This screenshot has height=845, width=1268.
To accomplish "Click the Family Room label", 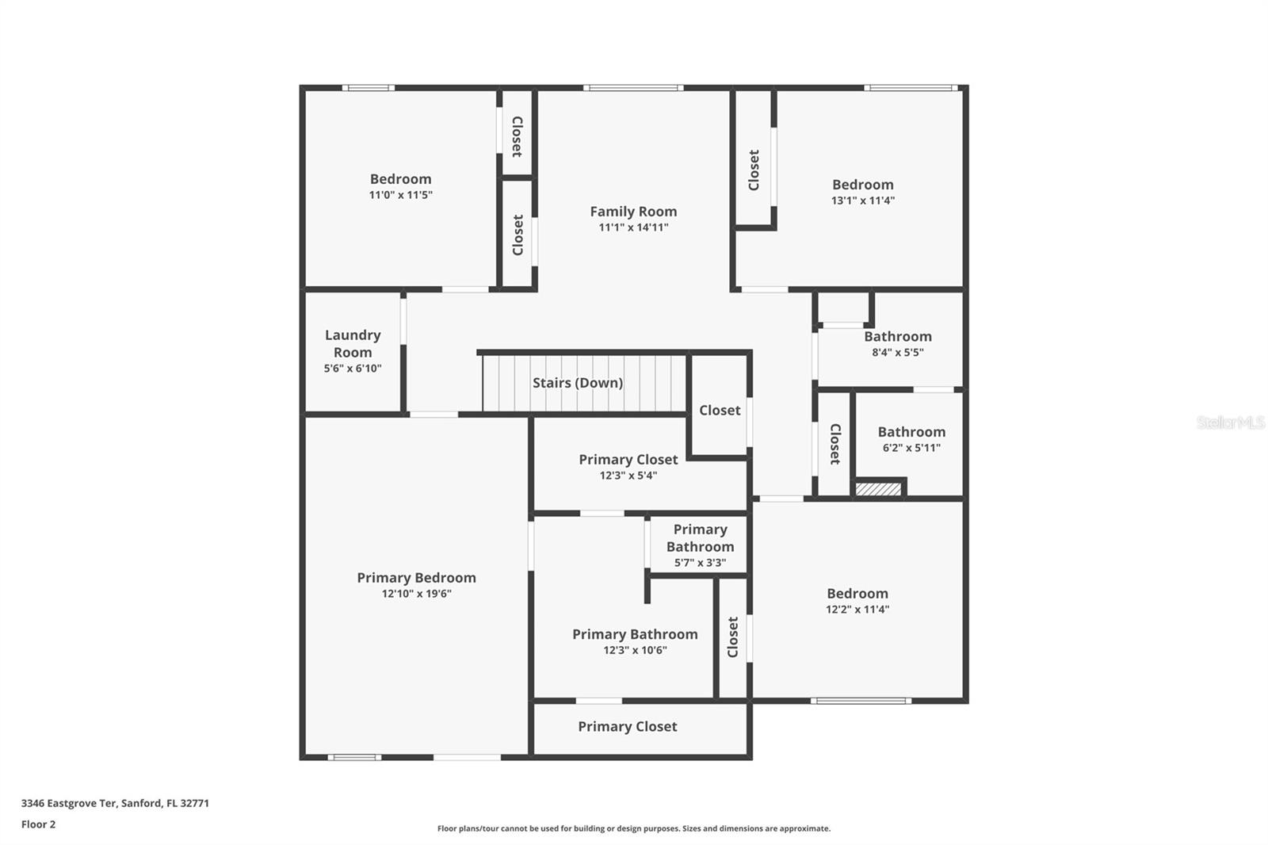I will [x=633, y=212].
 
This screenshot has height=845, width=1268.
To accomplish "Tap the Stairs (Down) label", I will [x=577, y=383].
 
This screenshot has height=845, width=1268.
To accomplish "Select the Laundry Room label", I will [x=353, y=344].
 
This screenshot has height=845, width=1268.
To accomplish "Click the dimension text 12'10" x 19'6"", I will [x=416, y=594].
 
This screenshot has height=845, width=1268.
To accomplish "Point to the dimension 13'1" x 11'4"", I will [x=862, y=201].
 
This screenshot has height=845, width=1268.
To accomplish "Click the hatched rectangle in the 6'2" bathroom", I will [x=879, y=489].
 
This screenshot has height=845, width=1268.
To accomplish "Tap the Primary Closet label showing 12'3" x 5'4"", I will [x=628, y=460].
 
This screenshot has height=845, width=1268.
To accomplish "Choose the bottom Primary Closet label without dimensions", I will [x=627, y=727].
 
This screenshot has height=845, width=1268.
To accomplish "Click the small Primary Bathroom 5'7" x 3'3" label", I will [x=700, y=538].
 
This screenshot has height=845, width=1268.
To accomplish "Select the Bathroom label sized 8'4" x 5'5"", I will [x=897, y=337].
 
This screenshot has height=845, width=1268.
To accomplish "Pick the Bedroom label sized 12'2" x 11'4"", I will [x=857, y=594].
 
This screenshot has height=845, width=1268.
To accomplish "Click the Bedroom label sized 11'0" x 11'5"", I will [x=400, y=179].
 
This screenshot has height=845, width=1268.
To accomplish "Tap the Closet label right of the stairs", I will [x=720, y=411].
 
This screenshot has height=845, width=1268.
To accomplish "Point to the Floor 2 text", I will [x=38, y=824].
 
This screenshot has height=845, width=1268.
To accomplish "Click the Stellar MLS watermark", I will [x=1230, y=422].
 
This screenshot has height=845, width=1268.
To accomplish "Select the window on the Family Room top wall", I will [x=633, y=88].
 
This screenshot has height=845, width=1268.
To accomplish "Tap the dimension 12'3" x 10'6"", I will [x=635, y=650].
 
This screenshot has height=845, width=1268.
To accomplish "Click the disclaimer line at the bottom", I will [x=633, y=828].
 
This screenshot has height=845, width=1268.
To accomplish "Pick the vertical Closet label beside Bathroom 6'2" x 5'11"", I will [x=835, y=444].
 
